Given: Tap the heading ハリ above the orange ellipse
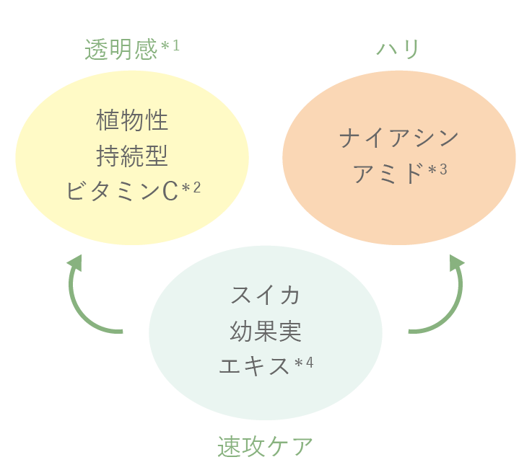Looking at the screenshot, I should coord(398,49).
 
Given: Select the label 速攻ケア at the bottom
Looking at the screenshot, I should coord(265,446).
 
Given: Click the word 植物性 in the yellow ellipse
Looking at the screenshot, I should coord(132,120).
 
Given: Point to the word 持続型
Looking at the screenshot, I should coord(132,155).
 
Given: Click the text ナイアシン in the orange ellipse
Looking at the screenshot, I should coord(398,138).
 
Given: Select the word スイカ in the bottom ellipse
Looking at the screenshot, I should coord(265,295).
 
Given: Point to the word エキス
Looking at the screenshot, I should coord(253,365).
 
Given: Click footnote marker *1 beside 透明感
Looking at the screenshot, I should coord(170,46).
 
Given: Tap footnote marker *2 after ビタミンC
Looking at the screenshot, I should coord(191,188).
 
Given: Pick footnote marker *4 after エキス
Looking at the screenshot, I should coord(304,363).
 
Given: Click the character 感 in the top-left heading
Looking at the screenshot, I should coord(145,49).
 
